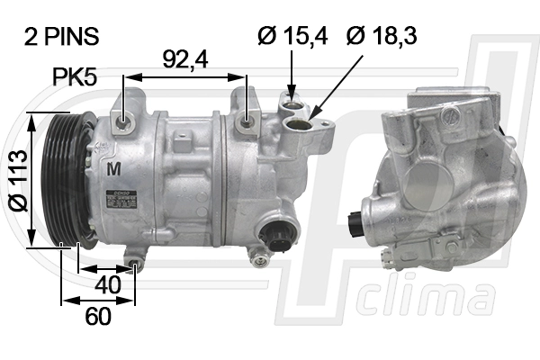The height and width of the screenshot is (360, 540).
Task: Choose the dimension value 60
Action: [97, 318]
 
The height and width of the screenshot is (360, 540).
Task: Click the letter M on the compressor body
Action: [113, 168]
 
